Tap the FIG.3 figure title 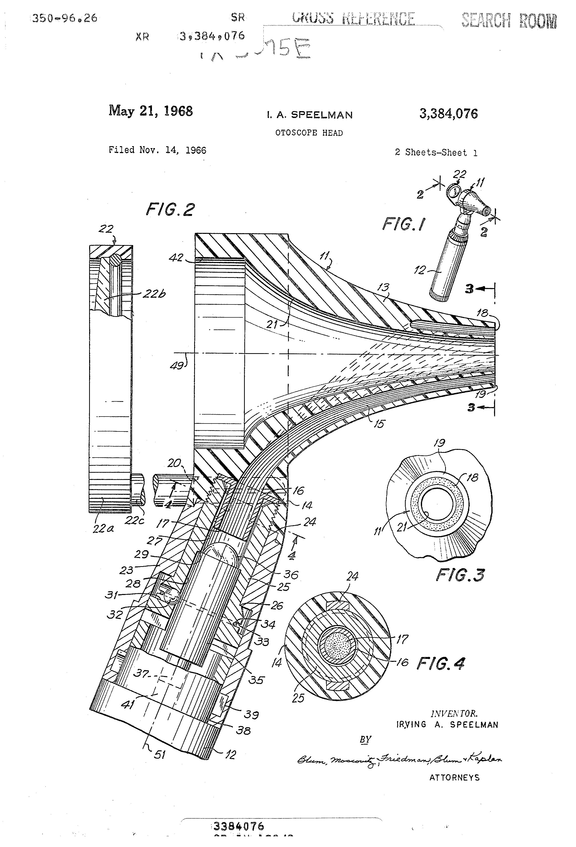tap(460, 575)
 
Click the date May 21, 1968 tap(150, 111)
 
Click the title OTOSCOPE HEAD tap(309, 133)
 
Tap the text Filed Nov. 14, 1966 tap(157, 150)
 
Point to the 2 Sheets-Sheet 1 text tap(436, 153)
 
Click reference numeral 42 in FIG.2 tap(176, 258)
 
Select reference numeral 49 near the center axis tap(177, 365)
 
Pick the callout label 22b tap(154, 294)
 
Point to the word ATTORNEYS tap(454, 777)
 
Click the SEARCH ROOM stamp tap(509, 21)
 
